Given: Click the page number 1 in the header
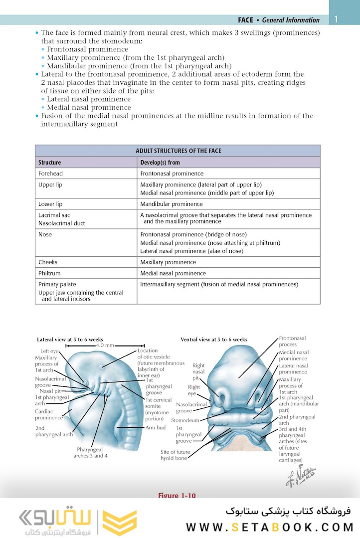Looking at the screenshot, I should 337,19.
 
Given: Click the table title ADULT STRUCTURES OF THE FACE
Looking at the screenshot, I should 178,151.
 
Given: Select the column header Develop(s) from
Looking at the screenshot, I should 160,163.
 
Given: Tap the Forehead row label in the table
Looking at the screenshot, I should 50,174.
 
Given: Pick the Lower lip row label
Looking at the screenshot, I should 50,204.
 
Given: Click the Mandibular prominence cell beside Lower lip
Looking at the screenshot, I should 172,204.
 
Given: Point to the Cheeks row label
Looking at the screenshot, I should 48,262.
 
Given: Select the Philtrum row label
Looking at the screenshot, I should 49,273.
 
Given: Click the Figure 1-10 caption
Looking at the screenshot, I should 177,495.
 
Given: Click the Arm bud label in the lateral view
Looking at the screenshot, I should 156,427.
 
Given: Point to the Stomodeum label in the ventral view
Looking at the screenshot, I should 185,420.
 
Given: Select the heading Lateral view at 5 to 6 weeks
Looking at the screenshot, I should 70,340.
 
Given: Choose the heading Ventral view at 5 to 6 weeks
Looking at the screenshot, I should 213,340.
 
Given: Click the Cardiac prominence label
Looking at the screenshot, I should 49,415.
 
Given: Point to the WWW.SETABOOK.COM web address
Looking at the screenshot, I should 270,527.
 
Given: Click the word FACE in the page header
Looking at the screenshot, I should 245,20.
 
